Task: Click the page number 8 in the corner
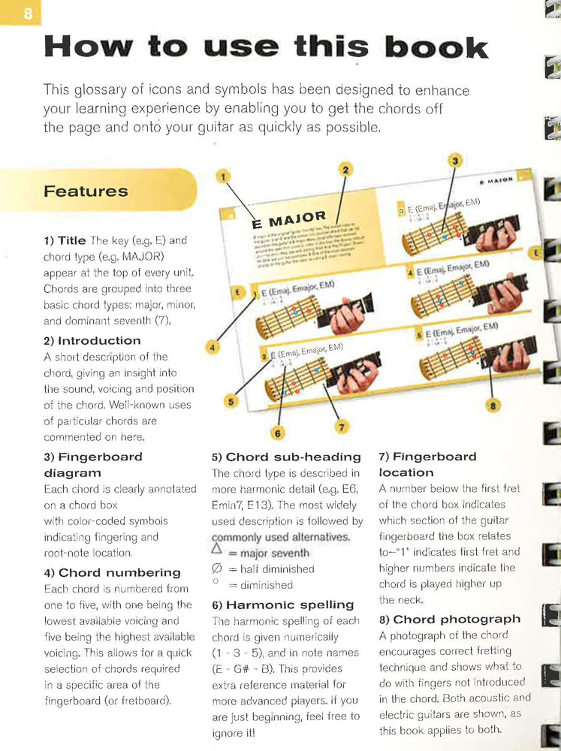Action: [x=28, y=14]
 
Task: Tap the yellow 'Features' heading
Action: [x=86, y=191]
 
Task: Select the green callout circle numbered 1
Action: [x=222, y=177]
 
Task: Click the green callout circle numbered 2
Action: [x=345, y=170]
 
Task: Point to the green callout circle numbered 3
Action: [x=454, y=160]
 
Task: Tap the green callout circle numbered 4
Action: [x=213, y=348]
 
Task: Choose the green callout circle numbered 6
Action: [x=277, y=433]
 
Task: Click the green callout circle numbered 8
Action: [x=493, y=406]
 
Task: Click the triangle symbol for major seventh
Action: [x=218, y=551]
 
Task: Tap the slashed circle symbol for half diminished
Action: [x=218, y=569]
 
